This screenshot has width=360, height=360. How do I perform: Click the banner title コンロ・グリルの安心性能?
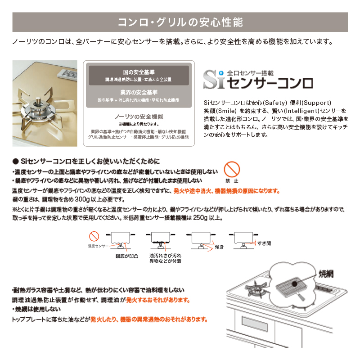click(x=180, y=22)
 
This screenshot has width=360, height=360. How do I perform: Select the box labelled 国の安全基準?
click(x=139, y=75)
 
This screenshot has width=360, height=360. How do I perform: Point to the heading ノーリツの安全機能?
click(x=139, y=116)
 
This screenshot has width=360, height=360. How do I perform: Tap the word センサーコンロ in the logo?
click(x=270, y=82)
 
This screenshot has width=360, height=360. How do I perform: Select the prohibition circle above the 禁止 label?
click(x=232, y=170)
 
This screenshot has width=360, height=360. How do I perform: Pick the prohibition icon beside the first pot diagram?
click(x=94, y=235)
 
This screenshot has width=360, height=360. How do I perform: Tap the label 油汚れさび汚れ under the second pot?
click(x=159, y=255)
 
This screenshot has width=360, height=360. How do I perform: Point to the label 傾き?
click(x=220, y=247)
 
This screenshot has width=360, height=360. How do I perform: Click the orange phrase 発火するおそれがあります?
click(x=158, y=300)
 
